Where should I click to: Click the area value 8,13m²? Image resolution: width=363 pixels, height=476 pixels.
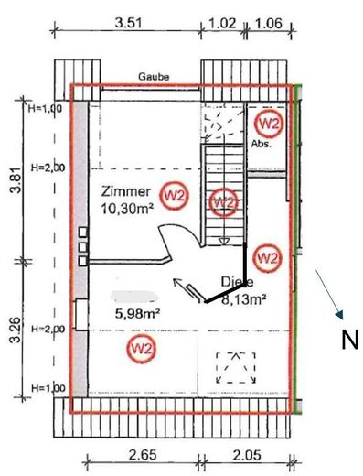click(x=243, y=297)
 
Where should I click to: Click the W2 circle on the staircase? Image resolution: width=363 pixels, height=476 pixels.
click(x=222, y=200)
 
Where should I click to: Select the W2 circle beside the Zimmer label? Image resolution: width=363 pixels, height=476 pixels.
click(x=174, y=194)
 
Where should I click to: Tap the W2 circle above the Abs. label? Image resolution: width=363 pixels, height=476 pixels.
click(x=268, y=122)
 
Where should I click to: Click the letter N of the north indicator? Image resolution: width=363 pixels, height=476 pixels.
click(x=349, y=341)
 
